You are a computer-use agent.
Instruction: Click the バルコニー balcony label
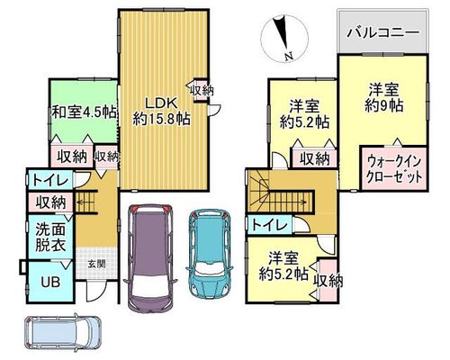tap(382, 32)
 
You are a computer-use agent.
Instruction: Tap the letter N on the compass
tap(289, 56)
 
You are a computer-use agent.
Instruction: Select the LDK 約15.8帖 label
tap(161, 111)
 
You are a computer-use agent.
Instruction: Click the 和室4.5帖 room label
tap(84, 112)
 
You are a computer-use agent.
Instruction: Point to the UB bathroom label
tap(50, 282)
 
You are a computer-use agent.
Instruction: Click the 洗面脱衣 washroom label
tap(50, 238)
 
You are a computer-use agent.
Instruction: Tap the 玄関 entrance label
tap(96, 265)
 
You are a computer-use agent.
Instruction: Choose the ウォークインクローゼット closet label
tap(394, 169)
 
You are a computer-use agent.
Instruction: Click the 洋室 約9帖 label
tap(383, 97)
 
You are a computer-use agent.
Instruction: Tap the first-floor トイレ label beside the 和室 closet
tap(50, 181)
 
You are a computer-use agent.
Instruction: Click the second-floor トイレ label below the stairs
tap(270, 225)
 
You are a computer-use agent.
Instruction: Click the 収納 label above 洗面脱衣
tap(50, 202)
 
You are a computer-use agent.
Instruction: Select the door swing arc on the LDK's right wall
tap(216, 109)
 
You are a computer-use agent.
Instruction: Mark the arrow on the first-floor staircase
tap(85, 202)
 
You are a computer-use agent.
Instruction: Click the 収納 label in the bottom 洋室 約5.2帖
tap(328, 281)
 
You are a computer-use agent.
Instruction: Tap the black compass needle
tap(282, 32)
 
